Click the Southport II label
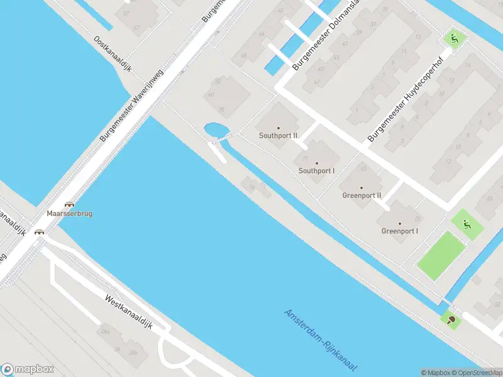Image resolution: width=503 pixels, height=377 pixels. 279,135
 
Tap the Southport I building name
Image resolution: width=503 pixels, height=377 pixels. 316,170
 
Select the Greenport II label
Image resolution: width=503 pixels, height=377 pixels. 362,195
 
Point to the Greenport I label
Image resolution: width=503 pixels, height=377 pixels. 399,231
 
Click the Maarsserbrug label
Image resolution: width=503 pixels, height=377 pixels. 69,214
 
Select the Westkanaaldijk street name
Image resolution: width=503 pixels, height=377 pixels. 129,312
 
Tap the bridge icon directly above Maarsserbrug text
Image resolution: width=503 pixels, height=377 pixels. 69,204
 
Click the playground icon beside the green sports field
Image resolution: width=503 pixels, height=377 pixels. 466,224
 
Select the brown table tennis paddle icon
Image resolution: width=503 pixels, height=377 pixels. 451,319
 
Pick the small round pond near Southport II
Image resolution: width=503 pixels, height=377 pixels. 216,130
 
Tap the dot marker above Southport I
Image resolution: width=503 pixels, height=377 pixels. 316,163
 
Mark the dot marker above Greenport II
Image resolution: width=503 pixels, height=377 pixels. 362,187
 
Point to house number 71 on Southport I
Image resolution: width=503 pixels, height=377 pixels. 305,158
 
